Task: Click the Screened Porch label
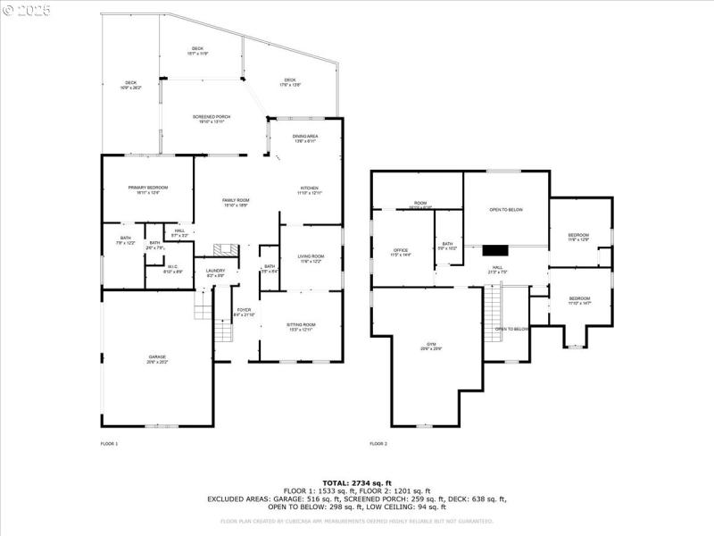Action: pyautogui.click(x=212, y=117)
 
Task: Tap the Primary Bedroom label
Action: pyautogui.click(x=148, y=188)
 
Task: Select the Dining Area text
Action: pyautogui.click(x=305, y=136)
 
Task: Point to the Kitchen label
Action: pyautogui.click(x=310, y=188)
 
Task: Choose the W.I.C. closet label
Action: pyautogui.click(x=175, y=267)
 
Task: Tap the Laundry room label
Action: pyautogui.click(x=215, y=271)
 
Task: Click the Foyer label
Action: pyautogui.click(x=244, y=310)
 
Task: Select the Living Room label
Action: pyautogui.click(x=311, y=256)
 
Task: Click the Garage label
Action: pyautogui.click(x=157, y=358)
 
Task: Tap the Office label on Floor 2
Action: pyautogui.click(x=401, y=250)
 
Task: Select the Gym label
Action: pyautogui.click(x=432, y=345)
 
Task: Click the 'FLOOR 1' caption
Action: pyautogui.click(x=109, y=444)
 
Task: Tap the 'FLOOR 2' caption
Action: pyautogui.click(x=378, y=444)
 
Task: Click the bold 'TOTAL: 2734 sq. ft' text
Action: pyautogui.click(x=357, y=482)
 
